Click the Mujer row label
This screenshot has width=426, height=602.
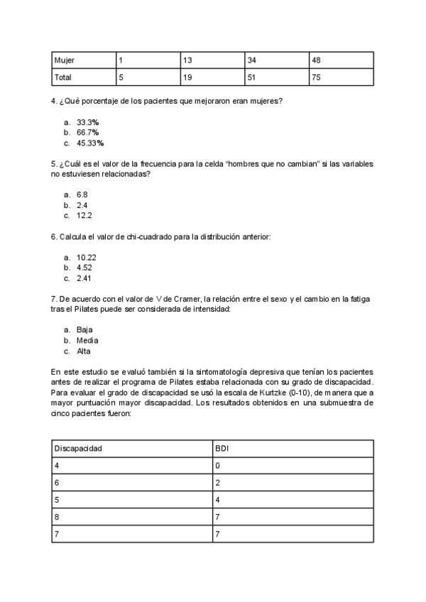pos(65,60)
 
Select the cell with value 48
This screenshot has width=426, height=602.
pos(317,60)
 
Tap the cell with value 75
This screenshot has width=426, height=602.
pos(317,77)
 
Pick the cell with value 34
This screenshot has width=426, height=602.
pos(251,60)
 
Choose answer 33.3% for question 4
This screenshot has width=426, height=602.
pos(87,122)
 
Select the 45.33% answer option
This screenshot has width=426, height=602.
pos(90,143)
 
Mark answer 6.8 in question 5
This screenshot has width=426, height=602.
pos(82,194)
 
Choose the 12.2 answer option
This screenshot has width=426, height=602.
pos(84,214)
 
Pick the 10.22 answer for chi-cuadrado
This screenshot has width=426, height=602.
pos(87,258)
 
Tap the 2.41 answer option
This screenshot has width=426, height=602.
pos(84,278)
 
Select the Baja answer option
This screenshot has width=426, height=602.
pos(84,329)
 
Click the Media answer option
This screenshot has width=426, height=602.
pos(87,340)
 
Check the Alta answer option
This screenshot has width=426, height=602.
pos(84,351)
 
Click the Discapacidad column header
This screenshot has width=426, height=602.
pos(80,449)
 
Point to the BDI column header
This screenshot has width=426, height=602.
pos(222,449)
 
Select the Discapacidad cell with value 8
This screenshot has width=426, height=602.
pos(57,517)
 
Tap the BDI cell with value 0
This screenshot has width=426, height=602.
pos(217,466)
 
